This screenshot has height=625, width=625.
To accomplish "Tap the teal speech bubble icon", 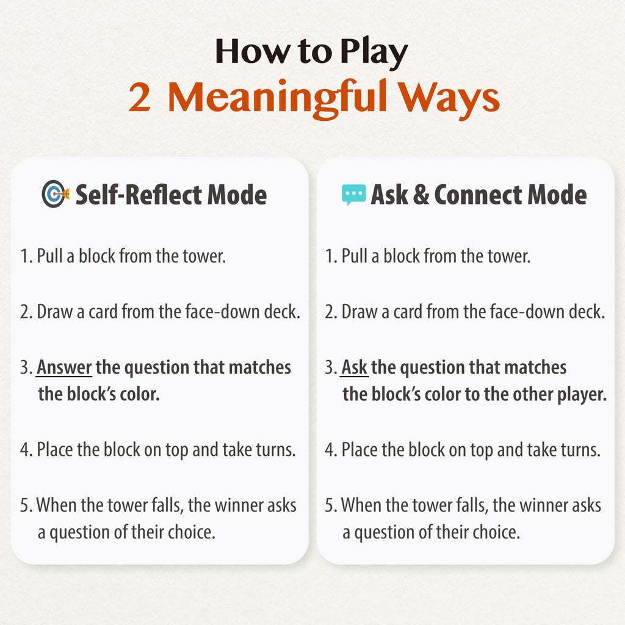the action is (x=353, y=195).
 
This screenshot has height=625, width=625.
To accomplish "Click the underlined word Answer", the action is (x=64, y=367).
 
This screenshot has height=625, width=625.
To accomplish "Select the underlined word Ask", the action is (x=354, y=367).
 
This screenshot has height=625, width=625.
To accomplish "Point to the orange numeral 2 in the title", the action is (x=140, y=97).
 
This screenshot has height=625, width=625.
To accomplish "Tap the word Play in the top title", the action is (x=374, y=52).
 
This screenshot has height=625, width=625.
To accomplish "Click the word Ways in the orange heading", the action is (x=449, y=99).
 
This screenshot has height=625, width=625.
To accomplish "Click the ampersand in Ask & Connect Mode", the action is (x=421, y=195).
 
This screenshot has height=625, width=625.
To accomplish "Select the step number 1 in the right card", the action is (x=329, y=256).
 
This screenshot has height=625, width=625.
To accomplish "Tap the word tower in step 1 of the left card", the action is (x=204, y=256).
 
